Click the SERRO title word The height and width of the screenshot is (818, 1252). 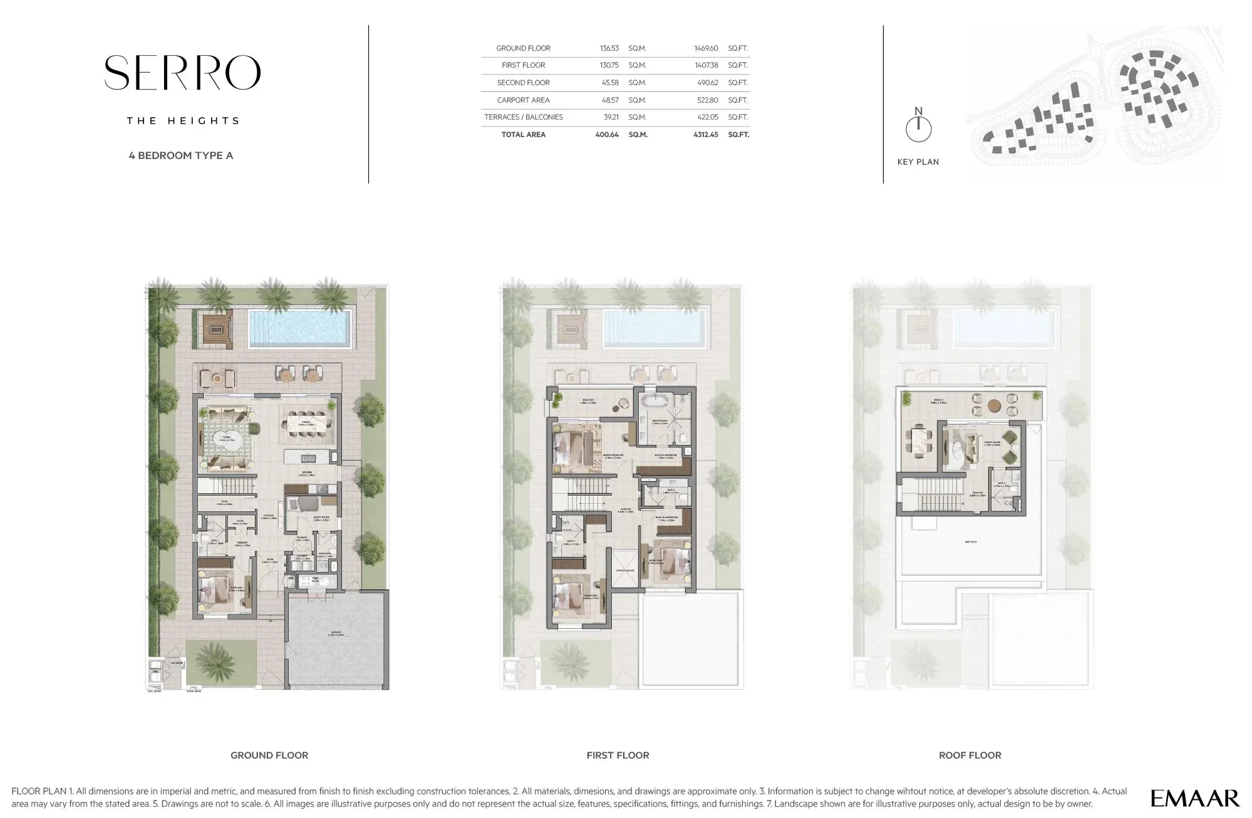182,73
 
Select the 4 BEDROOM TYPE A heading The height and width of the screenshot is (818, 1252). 181,155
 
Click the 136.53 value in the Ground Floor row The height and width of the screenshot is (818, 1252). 609,48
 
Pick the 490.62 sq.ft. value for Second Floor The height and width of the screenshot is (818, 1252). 706,83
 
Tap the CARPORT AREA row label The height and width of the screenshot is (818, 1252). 523,100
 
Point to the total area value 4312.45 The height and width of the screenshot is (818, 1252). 705,135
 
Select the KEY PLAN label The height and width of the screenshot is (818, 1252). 918,162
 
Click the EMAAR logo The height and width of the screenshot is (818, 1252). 1194,798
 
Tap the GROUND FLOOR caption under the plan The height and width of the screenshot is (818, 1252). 269,755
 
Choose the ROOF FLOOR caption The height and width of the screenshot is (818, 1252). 970,755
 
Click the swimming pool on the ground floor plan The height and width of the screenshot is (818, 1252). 299,328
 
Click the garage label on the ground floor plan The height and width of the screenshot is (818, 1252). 337,633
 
